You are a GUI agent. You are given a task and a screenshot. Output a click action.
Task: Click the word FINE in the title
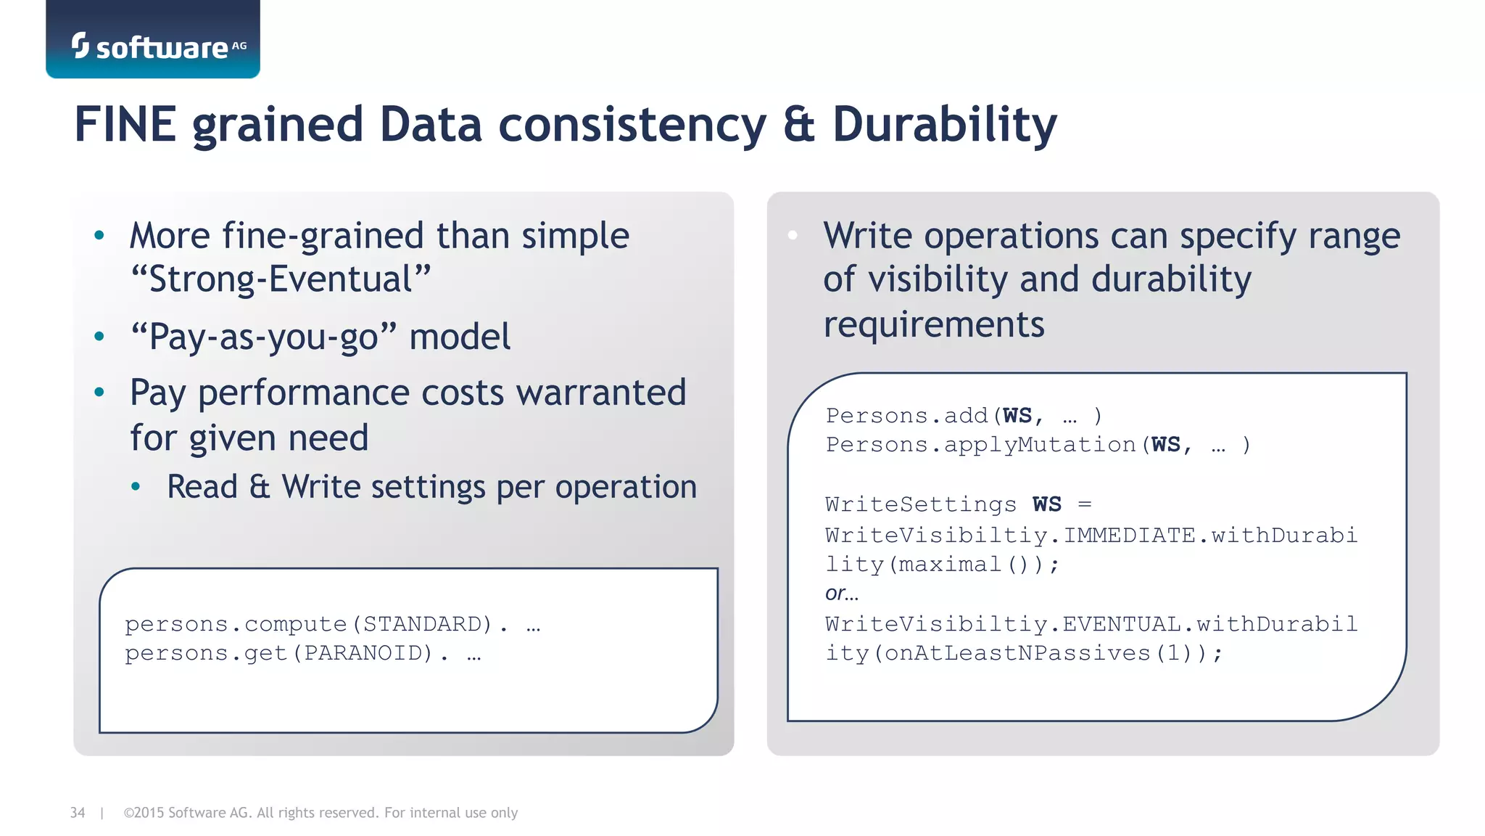pyautogui.click(x=125, y=124)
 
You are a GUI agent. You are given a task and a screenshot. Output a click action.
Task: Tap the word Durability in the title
pyautogui.click(x=944, y=126)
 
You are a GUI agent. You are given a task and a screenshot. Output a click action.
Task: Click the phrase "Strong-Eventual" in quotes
pyautogui.click(x=281, y=279)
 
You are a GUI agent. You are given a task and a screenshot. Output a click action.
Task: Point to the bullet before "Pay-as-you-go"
pyautogui.click(x=99, y=336)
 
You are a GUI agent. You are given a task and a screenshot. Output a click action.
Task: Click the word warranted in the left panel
pyautogui.click(x=600, y=393)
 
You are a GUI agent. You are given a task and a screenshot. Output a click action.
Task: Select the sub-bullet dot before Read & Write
pyautogui.click(x=136, y=487)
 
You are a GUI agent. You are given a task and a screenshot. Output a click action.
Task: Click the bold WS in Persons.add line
pyautogui.click(x=1017, y=416)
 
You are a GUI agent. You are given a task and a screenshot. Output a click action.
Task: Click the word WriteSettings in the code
pyautogui.click(x=921, y=504)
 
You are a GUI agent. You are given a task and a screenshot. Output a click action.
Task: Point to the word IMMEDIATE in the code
pyautogui.click(x=1129, y=536)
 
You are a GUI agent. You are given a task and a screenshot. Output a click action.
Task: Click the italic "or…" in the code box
pyautogui.click(x=841, y=594)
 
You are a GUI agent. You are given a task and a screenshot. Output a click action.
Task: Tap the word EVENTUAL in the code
pyautogui.click(x=1122, y=624)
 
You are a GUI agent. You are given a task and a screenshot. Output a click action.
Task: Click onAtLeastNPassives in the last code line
pyautogui.click(x=1017, y=653)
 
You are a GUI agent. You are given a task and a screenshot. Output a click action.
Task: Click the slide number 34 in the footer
pyautogui.click(x=78, y=813)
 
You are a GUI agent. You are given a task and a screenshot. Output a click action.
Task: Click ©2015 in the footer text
pyautogui.click(x=144, y=813)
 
